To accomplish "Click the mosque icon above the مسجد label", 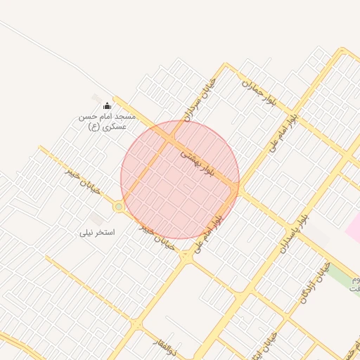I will [x=107, y=105].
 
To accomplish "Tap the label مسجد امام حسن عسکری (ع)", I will [x=106, y=121].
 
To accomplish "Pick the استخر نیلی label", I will [x=98, y=231].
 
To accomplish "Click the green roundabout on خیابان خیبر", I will [x=119, y=207].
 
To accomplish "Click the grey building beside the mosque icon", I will [x=96, y=98].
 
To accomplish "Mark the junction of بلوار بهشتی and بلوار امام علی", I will [x=238, y=188].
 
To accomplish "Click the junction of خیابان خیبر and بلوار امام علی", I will [x=186, y=257].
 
